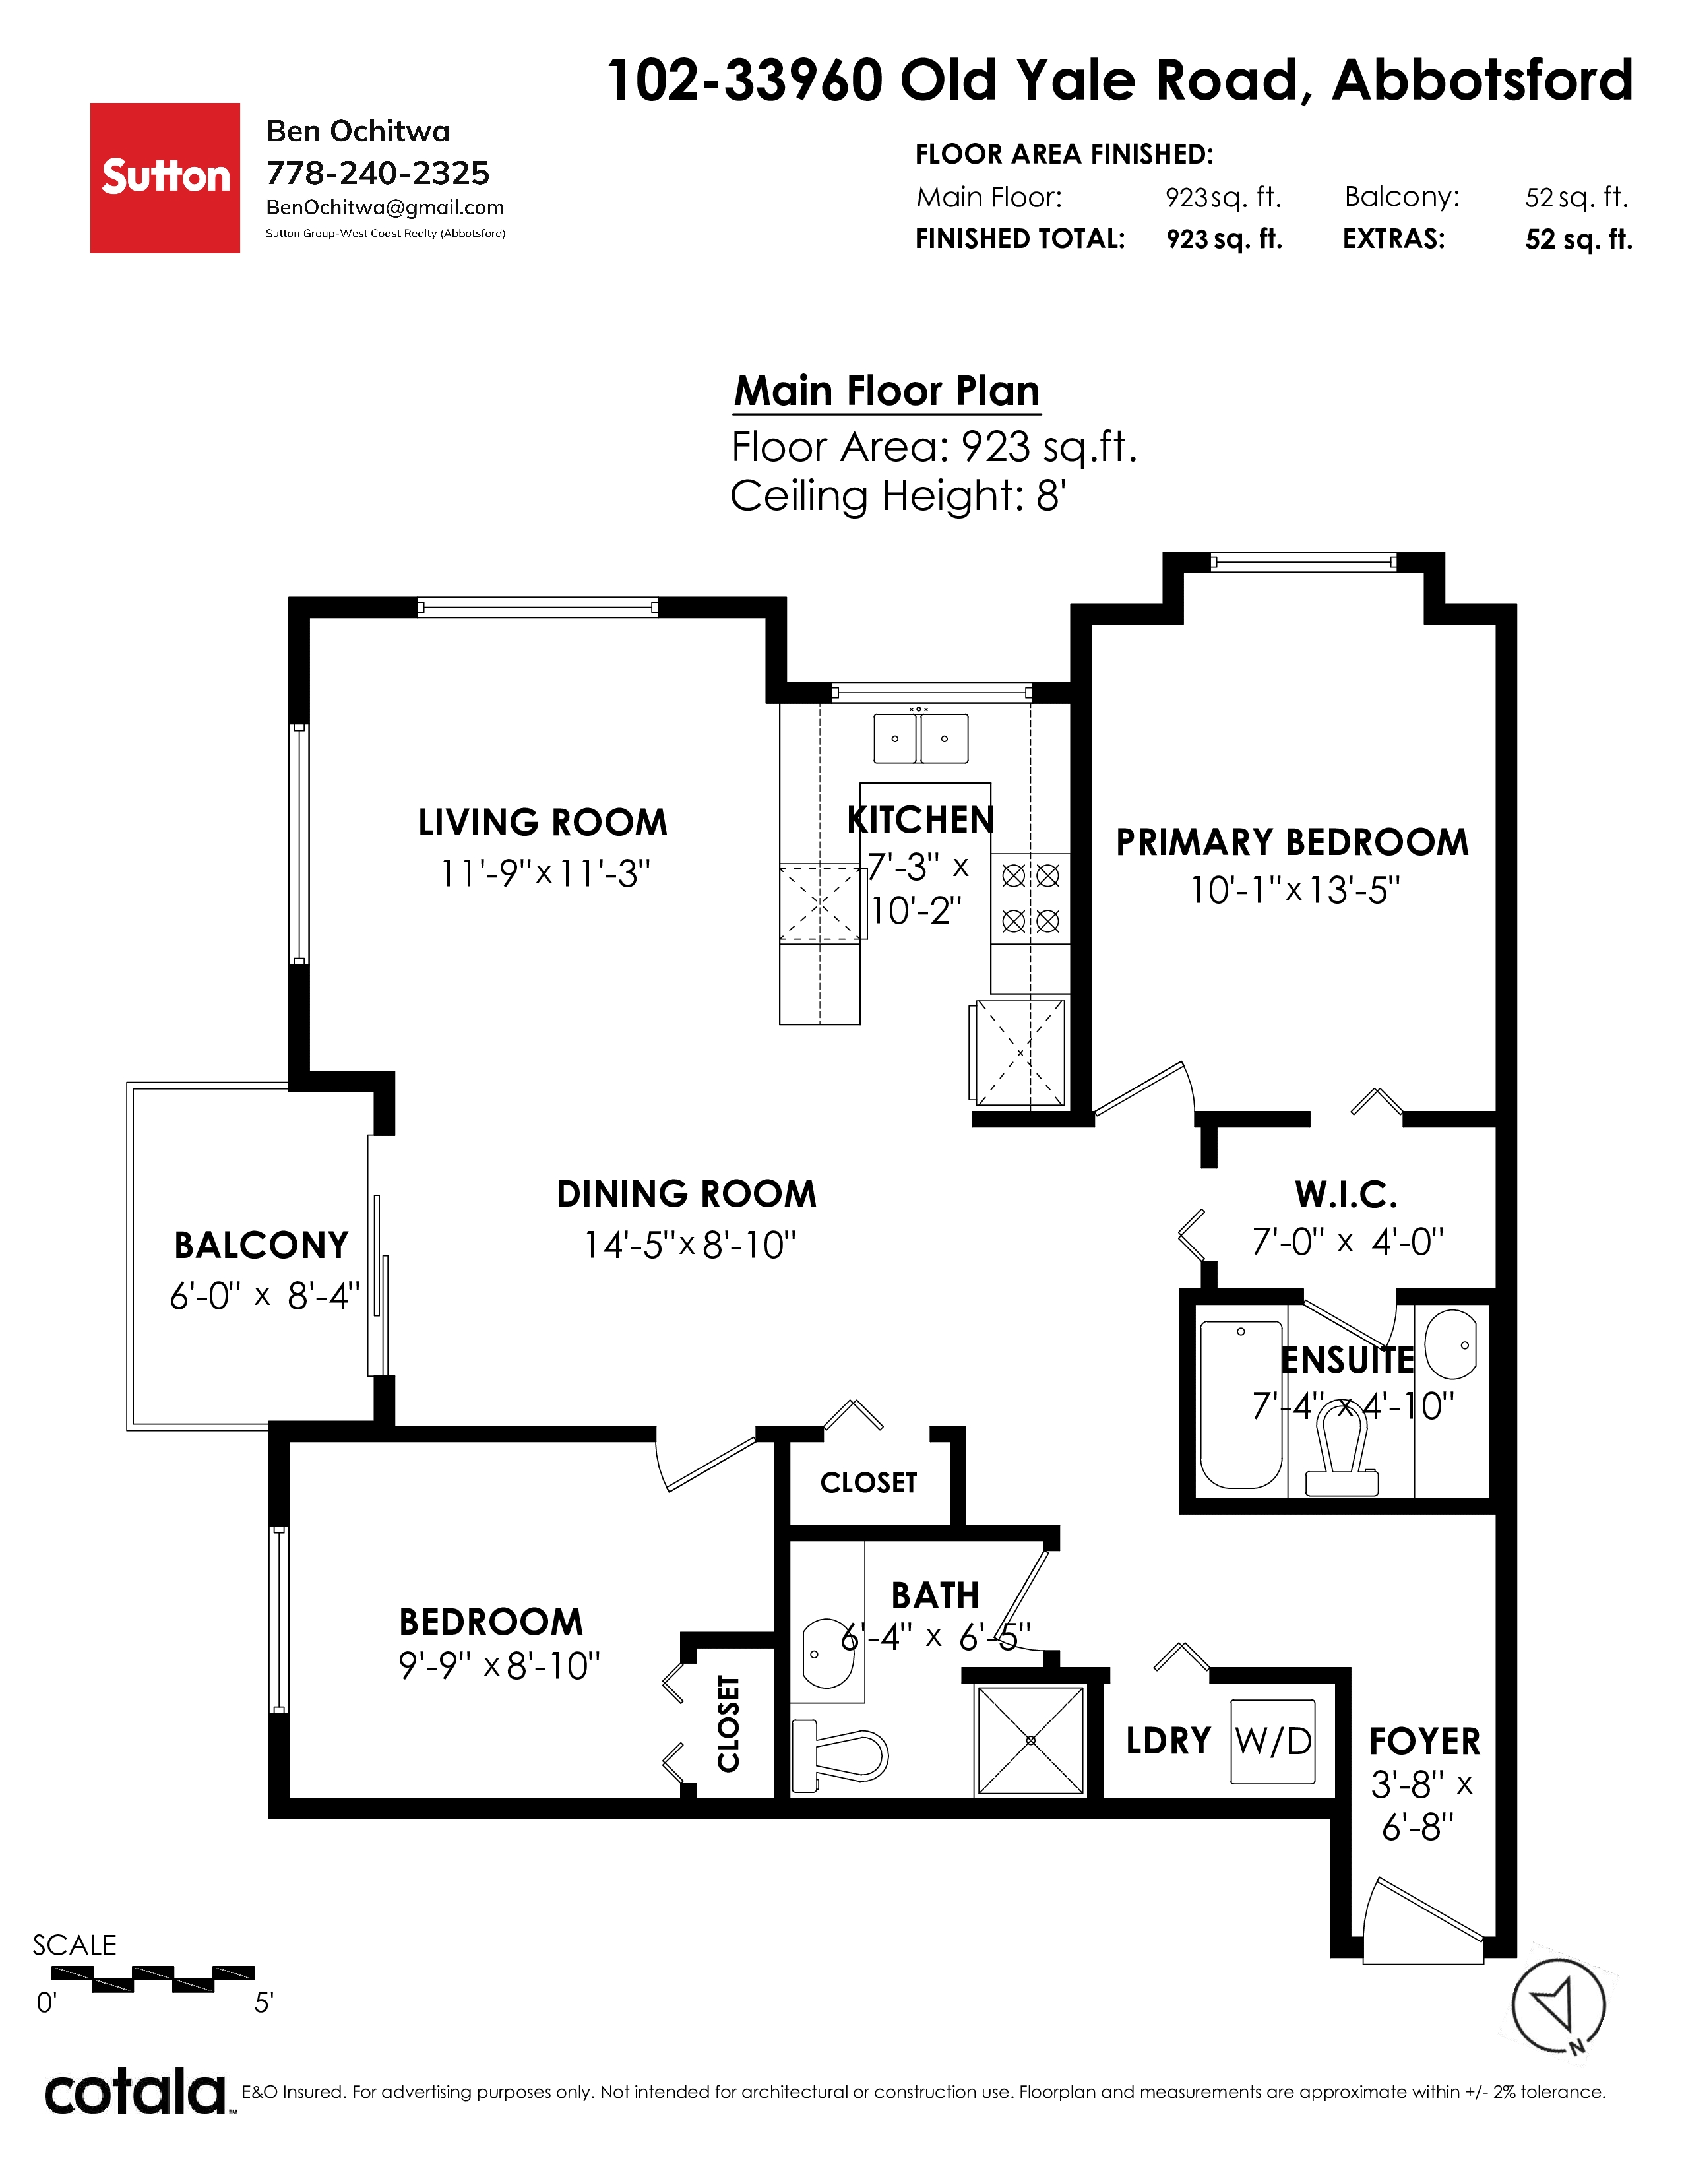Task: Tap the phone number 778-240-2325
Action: click(x=378, y=174)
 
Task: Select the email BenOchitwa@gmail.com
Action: click(x=385, y=207)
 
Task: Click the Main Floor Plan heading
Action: click(x=887, y=391)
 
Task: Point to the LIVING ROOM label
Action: click(x=542, y=823)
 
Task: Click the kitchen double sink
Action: click(x=921, y=738)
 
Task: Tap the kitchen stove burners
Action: click(x=1030, y=898)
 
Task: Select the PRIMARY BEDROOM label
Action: click(x=1292, y=842)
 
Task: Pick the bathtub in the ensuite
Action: click(x=1241, y=1404)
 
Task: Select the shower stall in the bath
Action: click(x=1030, y=1740)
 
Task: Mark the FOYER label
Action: click(x=1424, y=1742)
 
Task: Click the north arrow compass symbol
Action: click(x=1559, y=2005)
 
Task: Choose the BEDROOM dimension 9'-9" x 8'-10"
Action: click(x=499, y=1664)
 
